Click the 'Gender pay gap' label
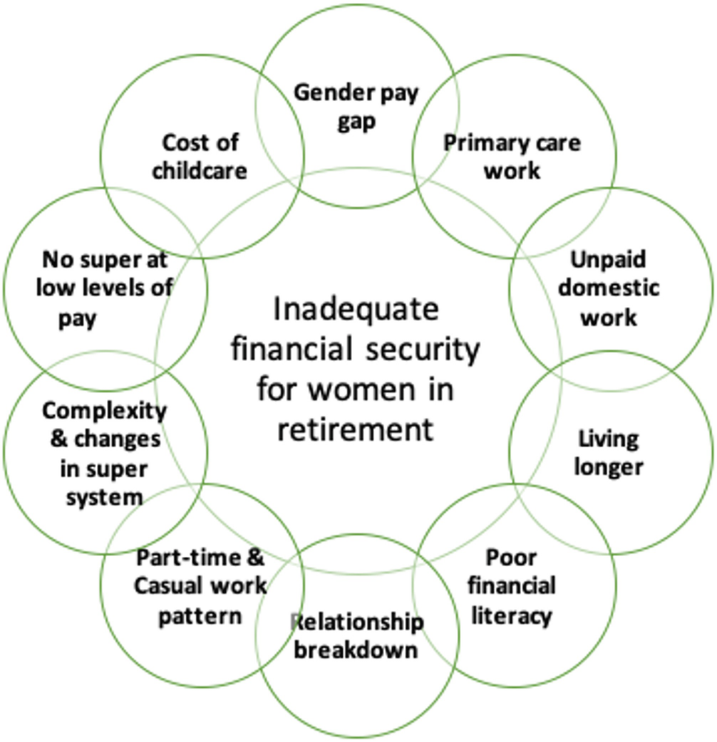(356, 105)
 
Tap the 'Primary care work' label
(512, 157)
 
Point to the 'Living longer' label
(609, 452)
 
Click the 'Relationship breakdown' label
(356, 636)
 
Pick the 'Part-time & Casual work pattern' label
(201, 585)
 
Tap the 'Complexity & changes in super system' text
(105, 453)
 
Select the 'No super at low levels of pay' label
(105, 289)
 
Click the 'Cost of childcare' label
(200, 157)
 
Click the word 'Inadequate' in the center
(356, 311)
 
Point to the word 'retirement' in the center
(356, 429)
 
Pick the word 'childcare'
(200, 172)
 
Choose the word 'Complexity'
(105, 411)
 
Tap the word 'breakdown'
(356, 649)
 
